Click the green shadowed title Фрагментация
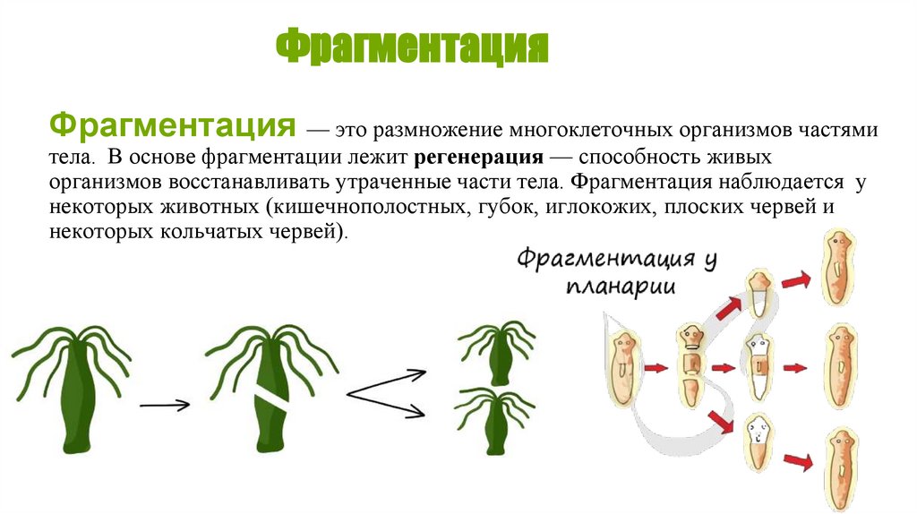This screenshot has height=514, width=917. [411, 48]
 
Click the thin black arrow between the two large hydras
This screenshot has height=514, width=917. [165, 405]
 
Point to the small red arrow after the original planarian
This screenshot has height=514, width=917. [656, 367]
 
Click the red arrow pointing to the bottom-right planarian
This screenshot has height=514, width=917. [796, 460]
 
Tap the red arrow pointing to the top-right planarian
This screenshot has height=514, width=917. [795, 281]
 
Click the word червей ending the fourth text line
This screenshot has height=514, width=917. [789, 207]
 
